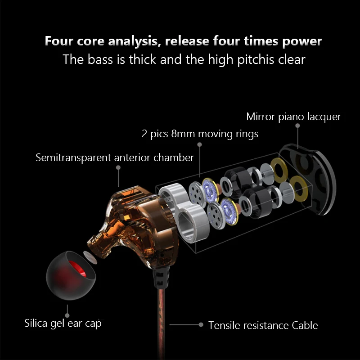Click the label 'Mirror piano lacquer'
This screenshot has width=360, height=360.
(293, 117)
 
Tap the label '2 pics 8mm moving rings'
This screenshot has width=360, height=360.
(200, 134)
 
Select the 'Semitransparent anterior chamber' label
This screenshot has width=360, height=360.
(115, 158)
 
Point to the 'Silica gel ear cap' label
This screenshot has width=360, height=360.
(63, 324)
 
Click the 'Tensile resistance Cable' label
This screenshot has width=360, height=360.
(263, 325)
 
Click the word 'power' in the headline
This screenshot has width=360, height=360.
(302, 41)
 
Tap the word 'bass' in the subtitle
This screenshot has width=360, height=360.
(100, 59)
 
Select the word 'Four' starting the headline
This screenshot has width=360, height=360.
(59, 41)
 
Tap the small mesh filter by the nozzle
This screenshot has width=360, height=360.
(90, 257)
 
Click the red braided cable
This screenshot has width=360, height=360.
(162, 324)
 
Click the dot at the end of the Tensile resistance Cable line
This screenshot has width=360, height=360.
(201, 324)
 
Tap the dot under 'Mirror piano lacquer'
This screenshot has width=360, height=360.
(297, 126)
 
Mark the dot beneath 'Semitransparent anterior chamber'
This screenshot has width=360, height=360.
(118, 167)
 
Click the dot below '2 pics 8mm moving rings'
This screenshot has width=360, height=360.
(199, 144)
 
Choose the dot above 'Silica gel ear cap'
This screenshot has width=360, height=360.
(67, 315)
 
